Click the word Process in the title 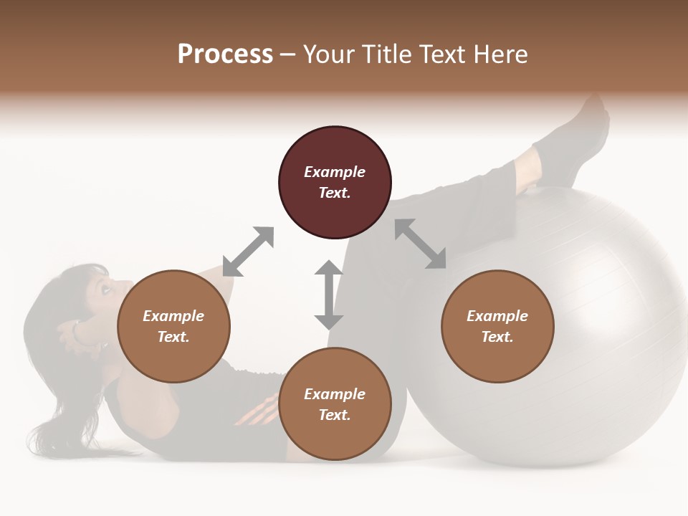[x=225, y=54]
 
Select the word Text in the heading [x=440, y=54]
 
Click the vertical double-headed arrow [x=329, y=295]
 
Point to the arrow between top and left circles [x=248, y=252]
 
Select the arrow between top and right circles [x=421, y=244]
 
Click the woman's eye [x=105, y=289]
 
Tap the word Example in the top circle [x=335, y=172]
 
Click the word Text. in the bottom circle [x=335, y=415]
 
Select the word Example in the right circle [x=497, y=316]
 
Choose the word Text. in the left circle [x=173, y=337]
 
